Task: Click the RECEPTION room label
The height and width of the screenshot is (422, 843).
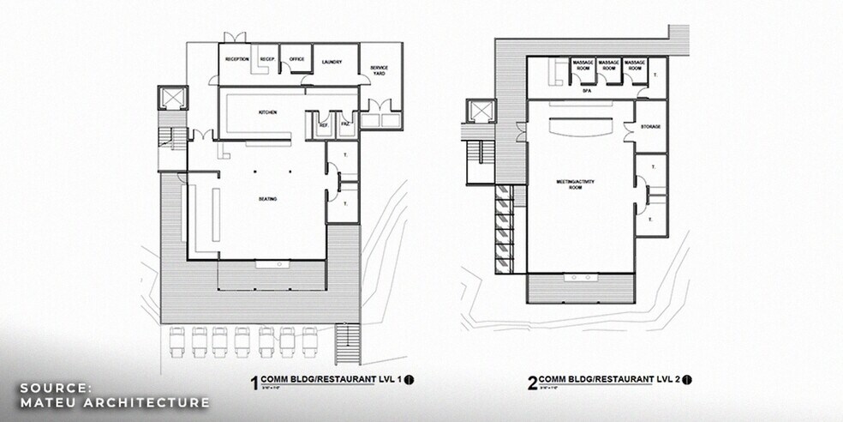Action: pyautogui.click(x=236, y=59)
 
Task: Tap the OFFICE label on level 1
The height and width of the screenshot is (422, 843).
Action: pyautogui.click(x=296, y=59)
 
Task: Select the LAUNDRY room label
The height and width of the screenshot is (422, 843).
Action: pyautogui.click(x=332, y=63)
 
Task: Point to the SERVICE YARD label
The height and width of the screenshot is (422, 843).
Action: pyautogui.click(x=380, y=69)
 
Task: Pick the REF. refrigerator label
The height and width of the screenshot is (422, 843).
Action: pyautogui.click(x=324, y=125)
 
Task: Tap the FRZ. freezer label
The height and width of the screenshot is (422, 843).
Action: pyautogui.click(x=345, y=125)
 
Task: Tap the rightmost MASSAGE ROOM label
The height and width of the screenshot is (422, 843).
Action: pyautogui.click(x=635, y=66)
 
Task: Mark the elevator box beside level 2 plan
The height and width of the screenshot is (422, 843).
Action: pyautogui.click(x=476, y=111)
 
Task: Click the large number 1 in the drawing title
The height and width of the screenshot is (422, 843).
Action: pyautogui.click(x=254, y=383)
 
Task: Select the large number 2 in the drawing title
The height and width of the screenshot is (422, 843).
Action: pyautogui.click(x=533, y=383)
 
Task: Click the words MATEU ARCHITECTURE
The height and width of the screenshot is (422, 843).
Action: pyautogui.click(x=115, y=402)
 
